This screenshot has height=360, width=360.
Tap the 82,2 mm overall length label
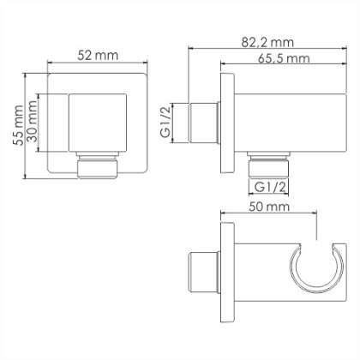click(268, 39)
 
